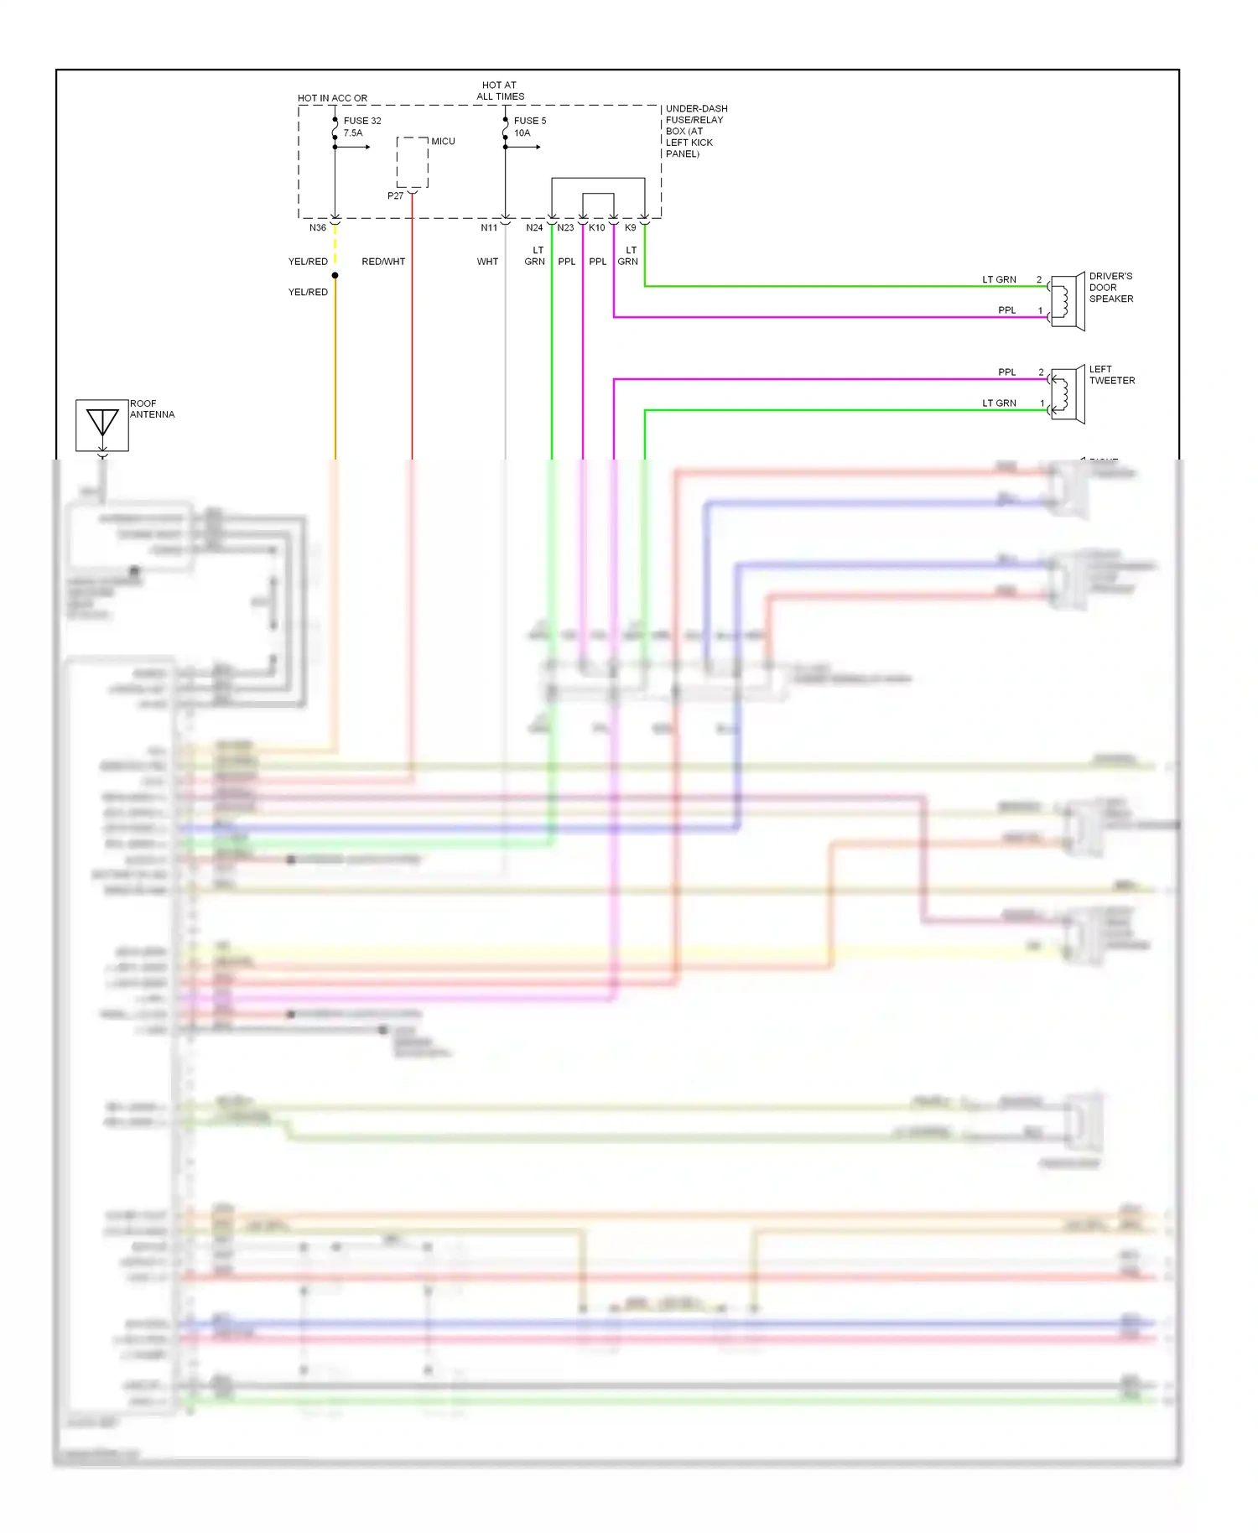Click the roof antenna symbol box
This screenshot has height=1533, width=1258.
click(x=102, y=425)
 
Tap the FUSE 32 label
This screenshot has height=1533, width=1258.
click(x=362, y=121)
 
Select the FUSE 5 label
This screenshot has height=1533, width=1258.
click(x=530, y=121)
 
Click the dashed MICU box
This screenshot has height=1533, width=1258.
click(x=413, y=163)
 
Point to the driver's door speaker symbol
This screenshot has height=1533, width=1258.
click(x=1068, y=301)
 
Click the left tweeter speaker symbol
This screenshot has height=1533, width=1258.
click(x=1068, y=393)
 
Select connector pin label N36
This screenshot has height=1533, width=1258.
click(x=318, y=228)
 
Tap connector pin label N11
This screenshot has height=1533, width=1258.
click(x=489, y=228)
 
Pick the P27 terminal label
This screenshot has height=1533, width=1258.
click(x=396, y=196)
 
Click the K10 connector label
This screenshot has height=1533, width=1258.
click(x=597, y=228)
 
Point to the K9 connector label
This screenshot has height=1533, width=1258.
click(x=631, y=228)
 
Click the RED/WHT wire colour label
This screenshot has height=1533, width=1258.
click(x=383, y=262)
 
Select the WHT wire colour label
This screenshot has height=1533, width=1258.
click(x=487, y=262)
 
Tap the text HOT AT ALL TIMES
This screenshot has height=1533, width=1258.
click(x=500, y=91)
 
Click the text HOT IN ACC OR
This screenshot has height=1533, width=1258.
click(x=332, y=98)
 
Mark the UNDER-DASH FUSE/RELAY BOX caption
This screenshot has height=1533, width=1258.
click(x=696, y=131)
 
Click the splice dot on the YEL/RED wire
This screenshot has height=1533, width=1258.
click(x=335, y=275)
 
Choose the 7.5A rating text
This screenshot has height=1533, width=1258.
click(x=353, y=133)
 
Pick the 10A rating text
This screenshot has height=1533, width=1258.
click(x=522, y=133)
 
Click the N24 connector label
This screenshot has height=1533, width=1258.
click(x=534, y=228)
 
